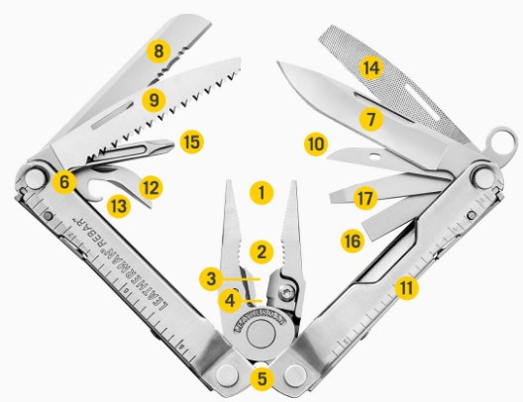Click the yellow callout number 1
coord(261,193)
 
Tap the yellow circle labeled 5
coord(262,379)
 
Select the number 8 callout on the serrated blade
coord(158,51)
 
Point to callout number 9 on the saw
coord(154,100)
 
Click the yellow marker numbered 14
coord(371,68)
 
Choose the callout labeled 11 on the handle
coord(406,287)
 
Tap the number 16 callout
coord(353,241)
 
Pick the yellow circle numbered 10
coord(316,145)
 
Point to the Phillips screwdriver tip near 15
coord(168,146)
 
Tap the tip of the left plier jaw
coord(229,181)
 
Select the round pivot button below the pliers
coord(261,335)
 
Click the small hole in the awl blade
coord(376,155)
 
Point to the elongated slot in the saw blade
coord(113,115)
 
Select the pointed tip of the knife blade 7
coord(279,63)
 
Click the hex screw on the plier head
coord(286,293)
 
